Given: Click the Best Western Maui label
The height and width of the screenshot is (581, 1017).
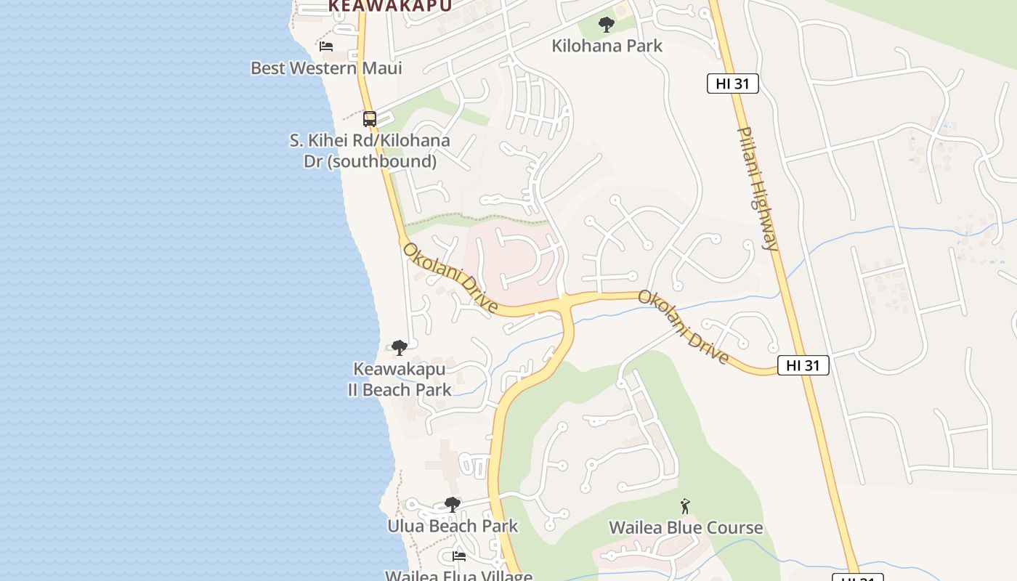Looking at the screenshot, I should [x=326, y=68].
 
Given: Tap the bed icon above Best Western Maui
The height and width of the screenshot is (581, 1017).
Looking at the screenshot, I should [x=326, y=46].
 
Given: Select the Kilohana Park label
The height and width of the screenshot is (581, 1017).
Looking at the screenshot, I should [x=607, y=46].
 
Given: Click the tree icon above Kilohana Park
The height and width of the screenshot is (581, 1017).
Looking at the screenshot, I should [x=607, y=25].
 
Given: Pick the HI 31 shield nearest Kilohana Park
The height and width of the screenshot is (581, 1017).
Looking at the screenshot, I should [x=732, y=84].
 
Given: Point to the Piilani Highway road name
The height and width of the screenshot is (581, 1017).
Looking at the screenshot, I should [x=758, y=189].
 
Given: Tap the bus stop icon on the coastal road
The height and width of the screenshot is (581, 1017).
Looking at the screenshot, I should [x=370, y=118].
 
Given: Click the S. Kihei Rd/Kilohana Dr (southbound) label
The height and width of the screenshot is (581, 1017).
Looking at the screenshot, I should [x=370, y=150].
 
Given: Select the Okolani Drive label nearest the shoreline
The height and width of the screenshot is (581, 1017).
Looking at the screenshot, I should [x=450, y=278].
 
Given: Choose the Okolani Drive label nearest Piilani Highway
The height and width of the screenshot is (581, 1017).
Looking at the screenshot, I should [x=684, y=327].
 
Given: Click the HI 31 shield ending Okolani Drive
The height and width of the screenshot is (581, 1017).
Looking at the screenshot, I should [x=803, y=365].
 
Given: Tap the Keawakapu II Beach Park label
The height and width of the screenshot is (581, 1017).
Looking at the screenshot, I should [x=399, y=379].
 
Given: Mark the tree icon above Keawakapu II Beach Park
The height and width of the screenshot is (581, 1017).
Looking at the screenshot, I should [x=399, y=348].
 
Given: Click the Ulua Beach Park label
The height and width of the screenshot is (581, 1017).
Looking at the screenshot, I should [x=453, y=526].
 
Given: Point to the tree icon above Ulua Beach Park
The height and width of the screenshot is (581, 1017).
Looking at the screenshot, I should [x=453, y=504].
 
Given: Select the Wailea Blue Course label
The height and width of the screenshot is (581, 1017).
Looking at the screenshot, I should [x=686, y=527].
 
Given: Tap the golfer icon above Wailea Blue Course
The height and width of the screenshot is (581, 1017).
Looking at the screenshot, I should [x=685, y=506].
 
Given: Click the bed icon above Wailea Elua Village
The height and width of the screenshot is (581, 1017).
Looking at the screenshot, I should [x=459, y=556].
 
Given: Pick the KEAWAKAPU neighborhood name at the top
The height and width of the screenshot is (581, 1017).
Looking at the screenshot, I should [x=389, y=6].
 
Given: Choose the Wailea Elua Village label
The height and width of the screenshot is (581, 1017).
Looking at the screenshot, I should [x=458, y=574].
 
